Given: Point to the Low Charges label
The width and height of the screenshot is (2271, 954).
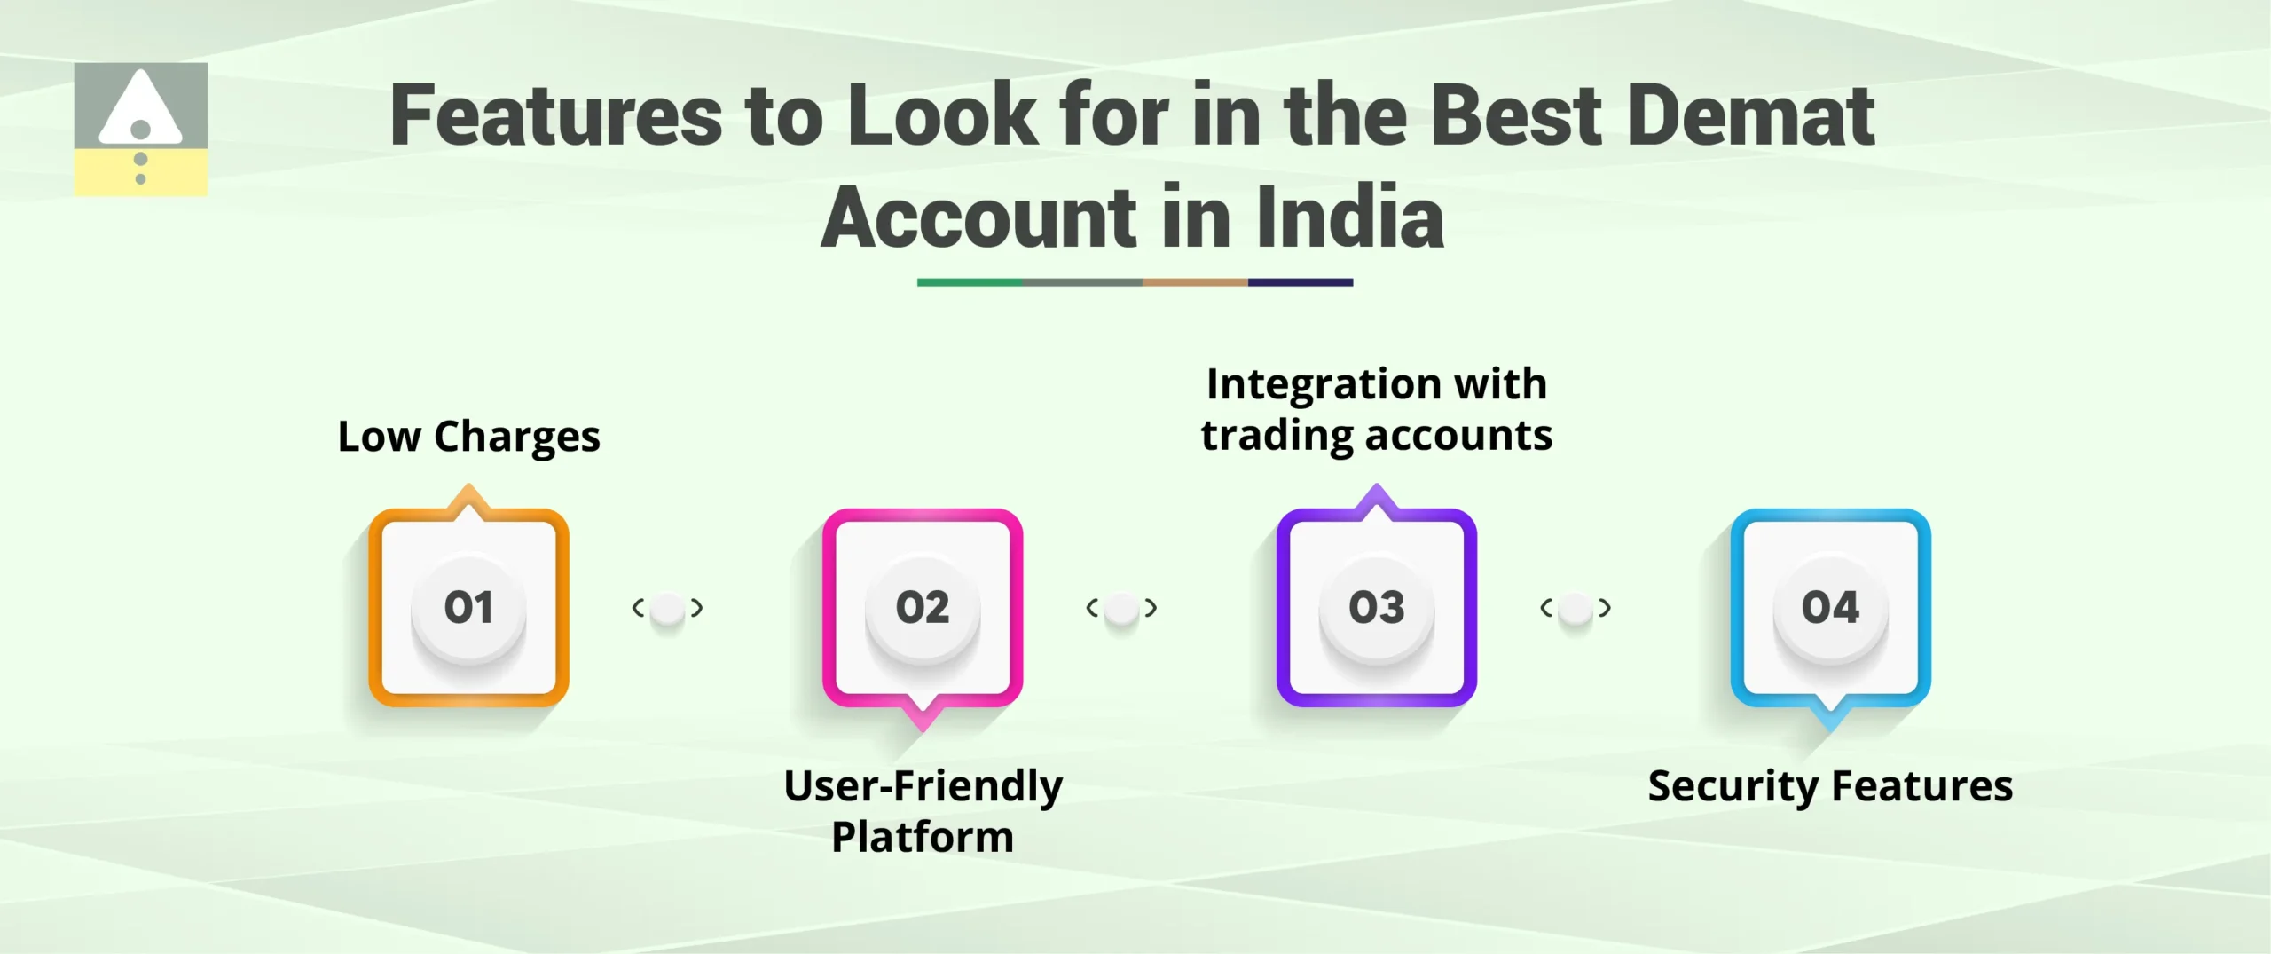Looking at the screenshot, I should [468, 437].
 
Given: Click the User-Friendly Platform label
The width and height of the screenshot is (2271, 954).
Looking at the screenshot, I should [923, 811].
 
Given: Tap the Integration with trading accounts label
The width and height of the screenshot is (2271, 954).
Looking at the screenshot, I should [1376, 409].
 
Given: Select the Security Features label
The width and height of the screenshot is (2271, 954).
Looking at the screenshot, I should [1830, 786].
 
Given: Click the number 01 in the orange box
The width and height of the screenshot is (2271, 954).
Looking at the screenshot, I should [468, 608].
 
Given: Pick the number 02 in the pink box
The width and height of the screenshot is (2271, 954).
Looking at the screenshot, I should [923, 608].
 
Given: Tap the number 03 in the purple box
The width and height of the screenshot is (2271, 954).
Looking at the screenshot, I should [1377, 608].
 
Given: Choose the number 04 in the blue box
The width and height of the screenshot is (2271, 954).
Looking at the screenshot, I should [1830, 608].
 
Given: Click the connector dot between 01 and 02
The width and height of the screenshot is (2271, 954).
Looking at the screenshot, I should [667, 609].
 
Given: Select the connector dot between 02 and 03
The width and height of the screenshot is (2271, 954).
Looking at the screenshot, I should [1121, 609].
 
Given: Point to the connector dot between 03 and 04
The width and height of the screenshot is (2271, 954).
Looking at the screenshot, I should [1576, 609].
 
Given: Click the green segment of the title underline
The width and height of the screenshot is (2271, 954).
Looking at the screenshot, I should [970, 282].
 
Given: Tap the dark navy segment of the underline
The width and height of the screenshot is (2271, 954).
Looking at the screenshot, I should [1301, 282].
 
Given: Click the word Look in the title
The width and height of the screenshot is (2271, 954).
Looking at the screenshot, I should [942, 115].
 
